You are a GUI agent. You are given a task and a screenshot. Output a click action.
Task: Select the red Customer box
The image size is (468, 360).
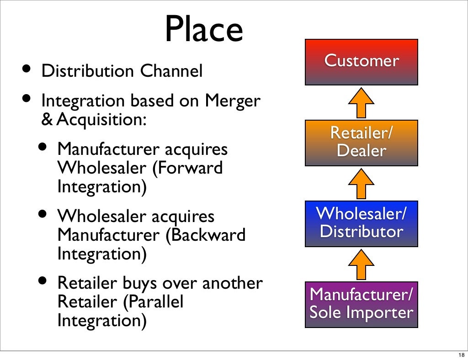click(362, 62)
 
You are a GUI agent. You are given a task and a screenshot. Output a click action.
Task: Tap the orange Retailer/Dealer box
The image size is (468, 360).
click(362, 142)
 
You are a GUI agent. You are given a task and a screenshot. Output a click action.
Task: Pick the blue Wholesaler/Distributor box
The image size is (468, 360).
click(362, 223)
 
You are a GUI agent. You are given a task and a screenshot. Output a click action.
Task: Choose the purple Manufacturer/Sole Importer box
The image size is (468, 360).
click(362, 304)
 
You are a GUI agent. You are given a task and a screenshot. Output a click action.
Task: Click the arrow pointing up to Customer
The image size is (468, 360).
click(362, 103)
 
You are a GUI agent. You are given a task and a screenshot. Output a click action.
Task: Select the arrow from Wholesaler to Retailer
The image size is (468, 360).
click(362, 183)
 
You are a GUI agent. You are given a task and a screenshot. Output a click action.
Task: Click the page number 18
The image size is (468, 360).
click(460, 355)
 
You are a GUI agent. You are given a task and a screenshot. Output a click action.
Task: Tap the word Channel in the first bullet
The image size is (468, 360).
click(171, 71)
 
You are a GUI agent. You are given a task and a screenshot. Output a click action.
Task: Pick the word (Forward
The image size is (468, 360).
click(187, 168)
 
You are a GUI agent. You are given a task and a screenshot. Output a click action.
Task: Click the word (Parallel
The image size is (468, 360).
click(156, 302)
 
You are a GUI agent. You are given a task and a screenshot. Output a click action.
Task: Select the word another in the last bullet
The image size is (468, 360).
click(232, 284)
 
